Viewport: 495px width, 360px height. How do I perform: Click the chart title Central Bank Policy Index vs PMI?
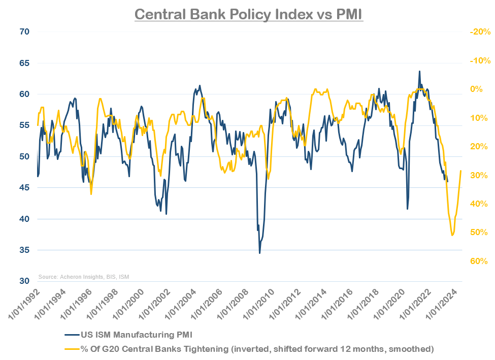tap(249, 14)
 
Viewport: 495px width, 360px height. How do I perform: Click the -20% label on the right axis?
tap(479, 31)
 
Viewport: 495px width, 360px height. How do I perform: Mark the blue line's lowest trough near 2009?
tap(259, 253)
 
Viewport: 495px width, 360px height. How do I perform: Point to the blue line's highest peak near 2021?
tap(419, 72)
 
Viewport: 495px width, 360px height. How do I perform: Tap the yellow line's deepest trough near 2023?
tap(452, 235)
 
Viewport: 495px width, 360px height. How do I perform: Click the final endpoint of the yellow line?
tap(461, 171)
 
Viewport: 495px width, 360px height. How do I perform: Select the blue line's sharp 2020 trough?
tap(407, 209)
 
